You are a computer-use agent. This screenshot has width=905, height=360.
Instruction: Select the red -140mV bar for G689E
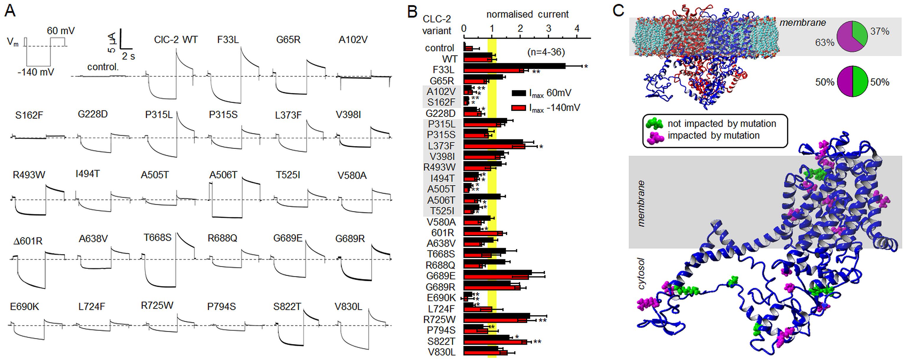(x=496, y=277)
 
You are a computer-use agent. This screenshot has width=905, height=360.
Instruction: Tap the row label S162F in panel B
(x=441, y=102)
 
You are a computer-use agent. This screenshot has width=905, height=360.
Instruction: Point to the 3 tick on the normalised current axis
(x=549, y=29)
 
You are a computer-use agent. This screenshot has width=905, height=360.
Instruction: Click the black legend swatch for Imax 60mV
(x=518, y=93)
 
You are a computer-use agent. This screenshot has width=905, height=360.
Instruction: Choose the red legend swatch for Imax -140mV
(x=518, y=108)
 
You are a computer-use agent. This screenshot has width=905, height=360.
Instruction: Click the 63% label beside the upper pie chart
(x=824, y=42)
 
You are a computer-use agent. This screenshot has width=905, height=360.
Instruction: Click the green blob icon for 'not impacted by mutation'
(x=654, y=123)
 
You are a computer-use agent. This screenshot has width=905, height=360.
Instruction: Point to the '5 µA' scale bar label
(x=111, y=42)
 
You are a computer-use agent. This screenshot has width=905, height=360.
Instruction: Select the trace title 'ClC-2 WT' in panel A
(x=176, y=40)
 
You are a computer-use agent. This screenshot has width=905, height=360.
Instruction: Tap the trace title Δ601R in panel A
(x=28, y=241)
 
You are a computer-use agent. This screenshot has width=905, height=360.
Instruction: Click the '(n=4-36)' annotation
(x=546, y=52)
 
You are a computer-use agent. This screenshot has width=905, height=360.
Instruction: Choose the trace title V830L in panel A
(x=348, y=307)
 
